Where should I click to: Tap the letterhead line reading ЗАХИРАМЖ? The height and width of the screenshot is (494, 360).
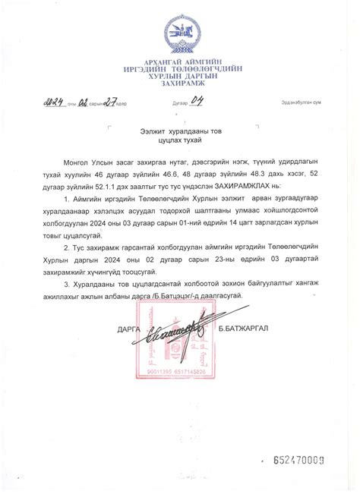182,85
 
